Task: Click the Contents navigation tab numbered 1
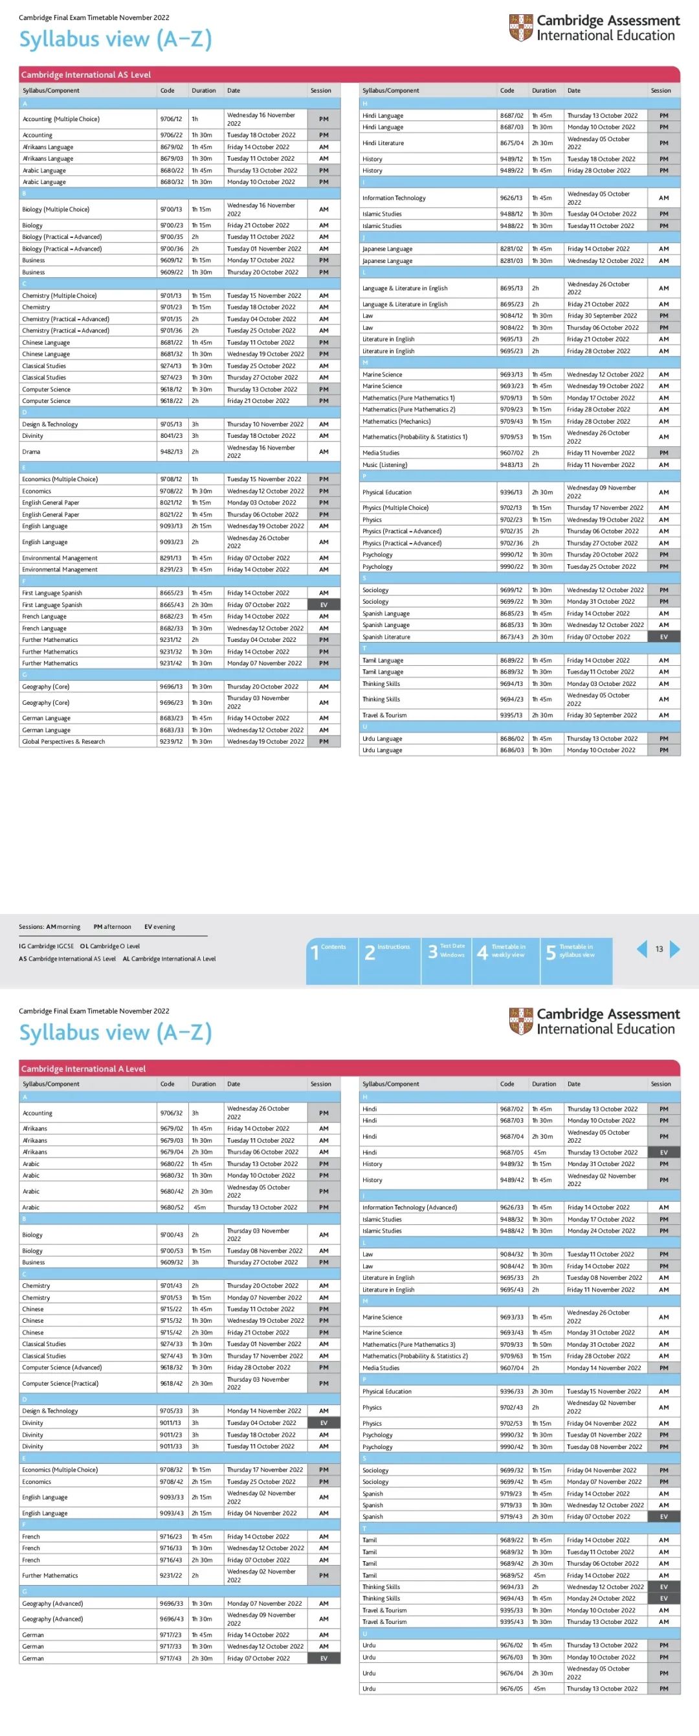pyautogui.click(x=331, y=951)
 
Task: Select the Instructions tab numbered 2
pyautogui.click(x=388, y=951)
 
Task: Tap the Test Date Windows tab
pyautogui.click(x=447, y=951)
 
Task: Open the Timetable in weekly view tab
pyautogui.click(x=505, y=951)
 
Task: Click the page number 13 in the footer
pyautogui.click(x=659, y=949)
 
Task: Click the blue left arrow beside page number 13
pyautogui.click(x=642, y=949)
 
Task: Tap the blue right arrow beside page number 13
pyautogui.click(x=675, y=949)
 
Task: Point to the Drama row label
pyautogui.click(x=31, y=451)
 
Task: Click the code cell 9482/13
pyautogui.click(x=171, y=451)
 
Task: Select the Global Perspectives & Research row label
pyautogui.click(x=63, y=741)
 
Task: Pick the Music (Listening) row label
pyautogui.click(x=384, y=464)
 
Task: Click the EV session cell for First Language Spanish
pyautogui.click(x=324, y=604)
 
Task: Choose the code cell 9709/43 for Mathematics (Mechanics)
pyautogui.click(x=511, y=421)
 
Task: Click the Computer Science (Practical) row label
pyautogui.click(x=60, y=1383)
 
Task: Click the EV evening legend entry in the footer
pyautogui.click(x=160, y=927)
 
